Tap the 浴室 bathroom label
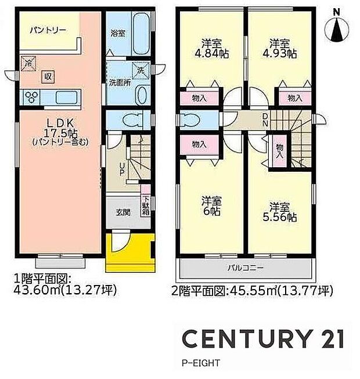point(117,34)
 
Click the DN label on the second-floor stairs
point(265,121)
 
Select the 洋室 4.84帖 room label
point(211,48)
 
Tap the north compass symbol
point(336,28)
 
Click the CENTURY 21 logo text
point(263,339)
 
